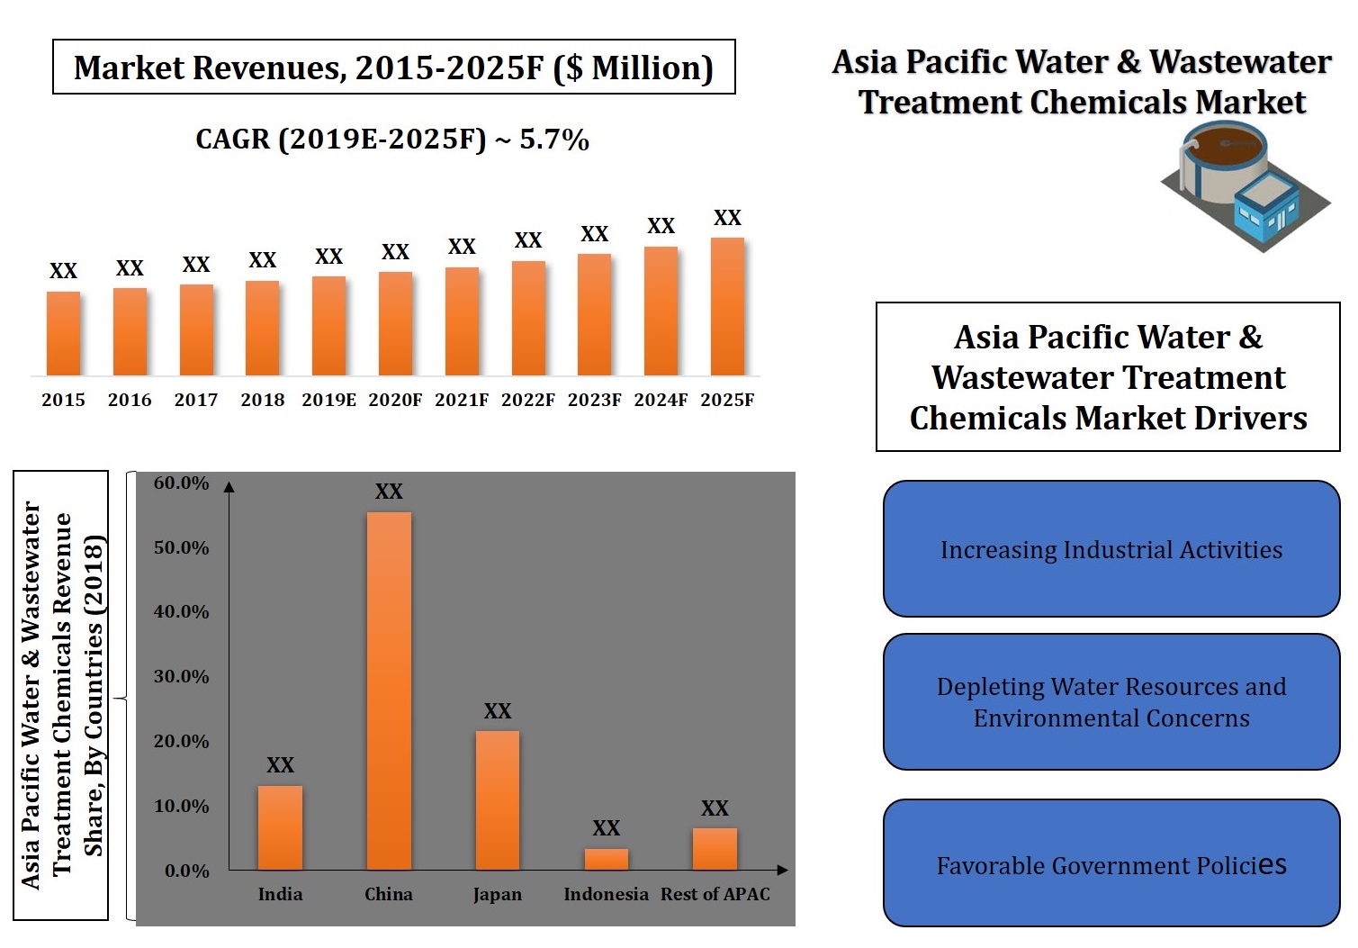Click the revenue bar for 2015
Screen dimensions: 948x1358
[x=63, y=333]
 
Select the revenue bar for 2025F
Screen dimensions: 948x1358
[x=727, y=307]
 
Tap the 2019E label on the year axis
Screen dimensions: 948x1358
[x=328, y=400]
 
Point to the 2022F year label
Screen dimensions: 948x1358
[x=528, y=400]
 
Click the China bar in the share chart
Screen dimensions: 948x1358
[x=389, y=691]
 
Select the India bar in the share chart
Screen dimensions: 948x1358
[x=280, y=827]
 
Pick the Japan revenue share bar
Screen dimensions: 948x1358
[x=498, y=799]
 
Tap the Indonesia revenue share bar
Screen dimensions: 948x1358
[x=607, y=859]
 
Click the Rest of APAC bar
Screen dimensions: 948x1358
[x=715, y=848]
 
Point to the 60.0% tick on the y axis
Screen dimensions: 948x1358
[x=181, y=483]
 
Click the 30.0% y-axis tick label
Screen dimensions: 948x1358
[x=181, y=677]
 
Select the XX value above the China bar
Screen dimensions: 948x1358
[x=389, y=492]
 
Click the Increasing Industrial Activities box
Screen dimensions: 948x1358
[x=1111, y=549]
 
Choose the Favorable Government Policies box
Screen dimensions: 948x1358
[x=1111, y=863]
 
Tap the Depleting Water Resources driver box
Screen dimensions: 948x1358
[x=1111, y=702]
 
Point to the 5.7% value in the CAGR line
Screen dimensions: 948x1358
[x=554, y=140]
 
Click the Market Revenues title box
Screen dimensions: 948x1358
[x=394, y=68]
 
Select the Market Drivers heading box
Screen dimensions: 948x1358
[x=1108, y=377]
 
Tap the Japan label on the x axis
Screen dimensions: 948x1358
[x=498, y=895]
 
